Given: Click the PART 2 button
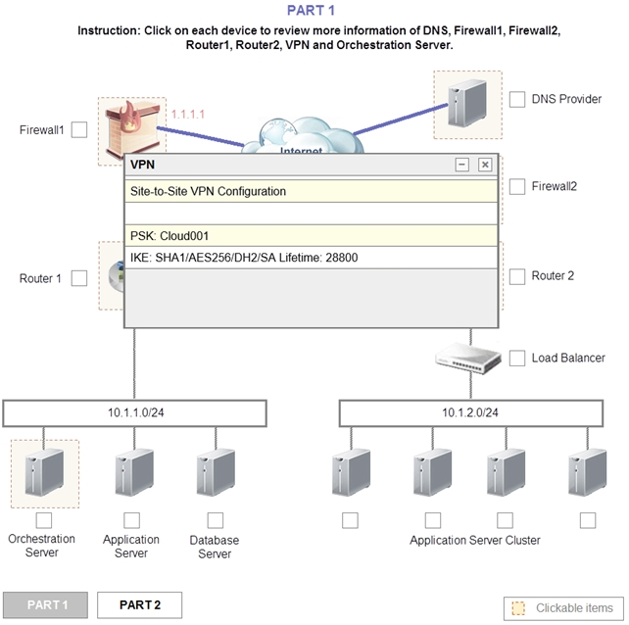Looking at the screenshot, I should tap(139, 605).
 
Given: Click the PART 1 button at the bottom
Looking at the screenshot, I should tap(46, 605).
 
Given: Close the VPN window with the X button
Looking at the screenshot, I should tap(484, 165).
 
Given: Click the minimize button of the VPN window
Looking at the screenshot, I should tap(462, 165).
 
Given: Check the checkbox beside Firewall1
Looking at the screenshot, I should tap(79, 129).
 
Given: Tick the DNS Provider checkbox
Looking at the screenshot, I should tap(517, 99).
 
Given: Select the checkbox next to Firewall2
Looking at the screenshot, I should tap(517, 186).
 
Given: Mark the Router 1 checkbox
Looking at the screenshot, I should tap(79, 278).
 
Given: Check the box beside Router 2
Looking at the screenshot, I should tap(517, 276).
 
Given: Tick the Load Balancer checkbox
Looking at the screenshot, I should tap(517, 359).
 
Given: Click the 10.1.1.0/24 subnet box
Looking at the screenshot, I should tap(135, 412).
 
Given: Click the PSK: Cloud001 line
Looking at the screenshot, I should tap(312, 236).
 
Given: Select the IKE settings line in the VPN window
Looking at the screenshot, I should tap(312, 258).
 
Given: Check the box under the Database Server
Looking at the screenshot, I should tap(215, 520).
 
